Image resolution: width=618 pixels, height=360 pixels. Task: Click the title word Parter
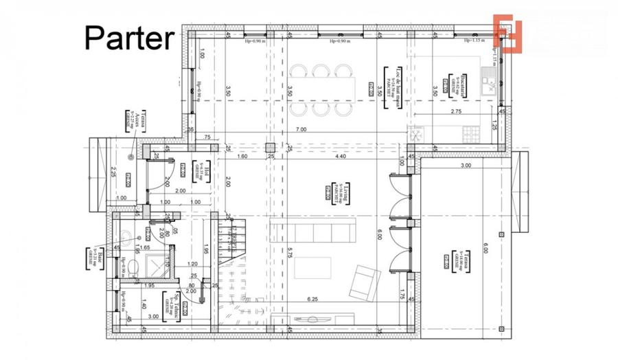pos(129,38)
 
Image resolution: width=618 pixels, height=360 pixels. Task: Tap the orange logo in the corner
pos(510,34)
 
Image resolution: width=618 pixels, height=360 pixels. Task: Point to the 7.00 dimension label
pos(301,129)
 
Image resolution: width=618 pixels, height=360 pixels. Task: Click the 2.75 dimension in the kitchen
pos(456,111)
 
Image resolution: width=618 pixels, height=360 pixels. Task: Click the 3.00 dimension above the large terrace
pos(466,166)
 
